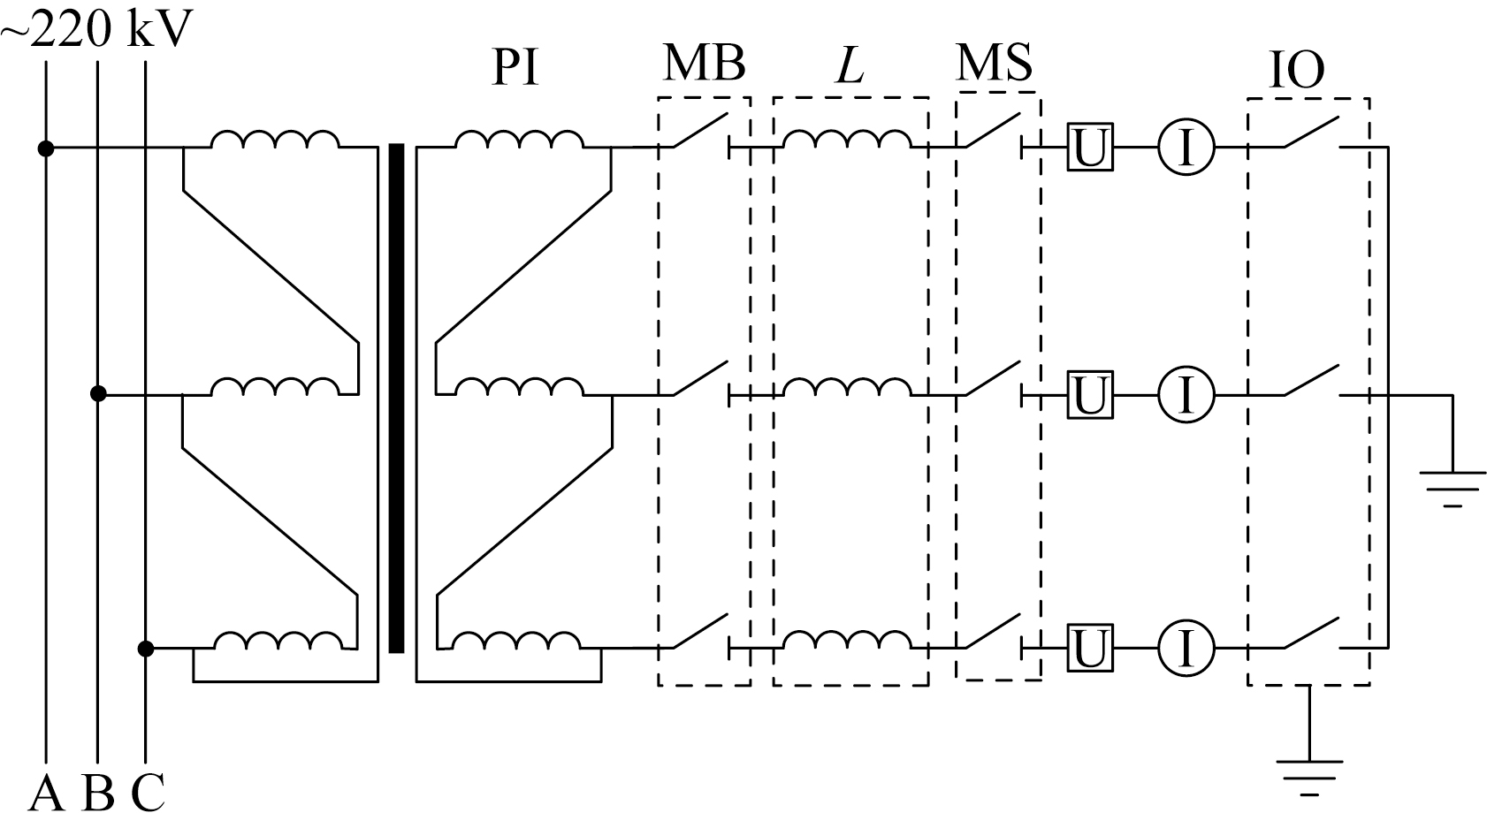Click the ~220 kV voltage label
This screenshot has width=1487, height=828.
pos(97,28)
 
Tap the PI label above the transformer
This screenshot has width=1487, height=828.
pos(515,67)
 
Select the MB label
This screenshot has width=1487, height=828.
pos(704,63)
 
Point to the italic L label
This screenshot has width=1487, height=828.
pos(850,66)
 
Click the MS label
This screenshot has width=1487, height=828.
pos(994,62)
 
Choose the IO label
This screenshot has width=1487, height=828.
pos(1297,70)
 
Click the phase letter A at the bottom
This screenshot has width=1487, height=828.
pos(46,794)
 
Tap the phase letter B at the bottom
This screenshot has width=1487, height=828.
pos(97,794)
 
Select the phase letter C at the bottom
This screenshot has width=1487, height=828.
pos(148,794)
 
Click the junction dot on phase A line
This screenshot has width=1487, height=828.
pos(46,148)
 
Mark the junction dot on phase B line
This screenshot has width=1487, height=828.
pos(98,394)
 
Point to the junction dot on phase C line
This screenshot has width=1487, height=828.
pos(146,649)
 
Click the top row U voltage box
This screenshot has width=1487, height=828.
pos(1090,148)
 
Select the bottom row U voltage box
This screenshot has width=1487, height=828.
pos(1090,648)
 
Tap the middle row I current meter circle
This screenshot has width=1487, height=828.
pos(1186,395)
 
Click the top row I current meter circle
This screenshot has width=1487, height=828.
pos(1186,148)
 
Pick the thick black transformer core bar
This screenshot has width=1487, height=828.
pos(396,398)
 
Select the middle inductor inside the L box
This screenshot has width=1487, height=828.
pos(847,387)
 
